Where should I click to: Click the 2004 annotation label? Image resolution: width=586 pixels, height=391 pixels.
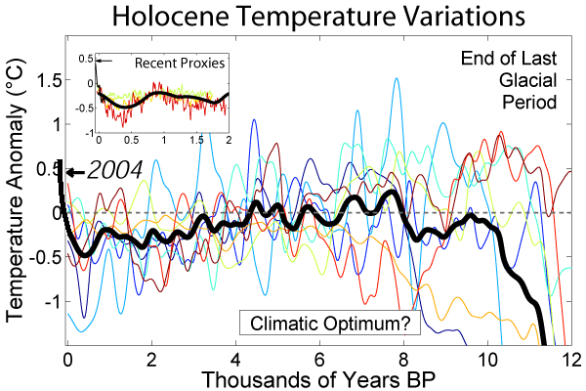pyautogui.click(x=113, y=170)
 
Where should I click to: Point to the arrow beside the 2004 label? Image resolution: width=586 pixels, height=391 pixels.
pyautogui.click(x=74, y=172)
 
